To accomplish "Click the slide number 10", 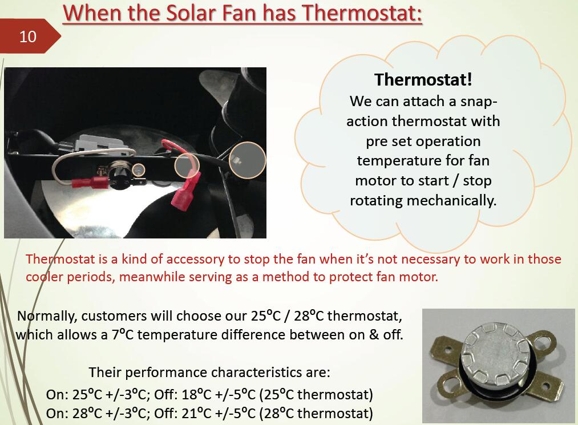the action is point(27,37).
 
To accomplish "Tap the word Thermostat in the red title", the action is point(362,13).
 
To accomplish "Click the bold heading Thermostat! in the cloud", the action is point(423,79).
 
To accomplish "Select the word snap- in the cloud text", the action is point(479,102).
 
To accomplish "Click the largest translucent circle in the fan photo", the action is point(247,160).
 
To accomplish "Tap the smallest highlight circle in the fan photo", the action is point(139,169).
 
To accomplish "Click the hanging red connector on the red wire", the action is point(186,192).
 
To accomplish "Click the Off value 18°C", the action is point(196,395).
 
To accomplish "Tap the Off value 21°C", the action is point(196,414).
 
